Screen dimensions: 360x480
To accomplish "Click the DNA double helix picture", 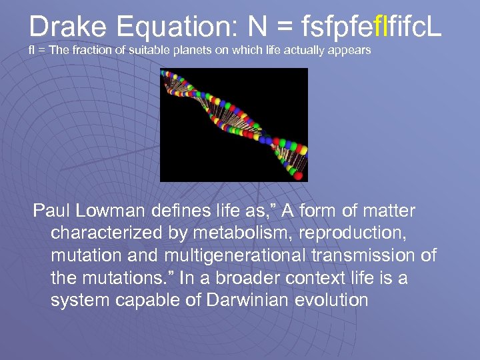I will coord(233,125).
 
